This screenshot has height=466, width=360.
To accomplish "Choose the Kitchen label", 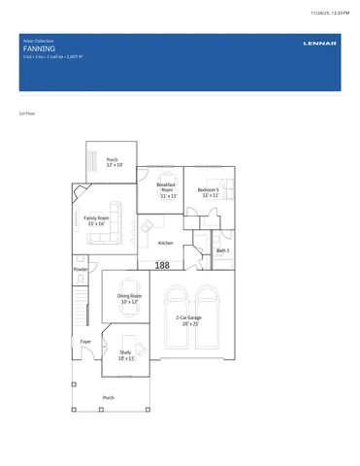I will click(x=165, y=244).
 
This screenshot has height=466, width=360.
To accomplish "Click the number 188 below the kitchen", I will click(x=162, y=264).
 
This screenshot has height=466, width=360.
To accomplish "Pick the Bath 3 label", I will click(x=222, y=250).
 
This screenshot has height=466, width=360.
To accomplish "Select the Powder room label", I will click(x=81, y=269).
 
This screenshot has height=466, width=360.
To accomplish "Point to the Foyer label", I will click(x=85, y=342).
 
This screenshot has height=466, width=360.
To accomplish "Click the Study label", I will click(x=126, y=355).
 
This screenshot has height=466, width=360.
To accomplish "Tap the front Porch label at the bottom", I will click(x=109, y=397).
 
